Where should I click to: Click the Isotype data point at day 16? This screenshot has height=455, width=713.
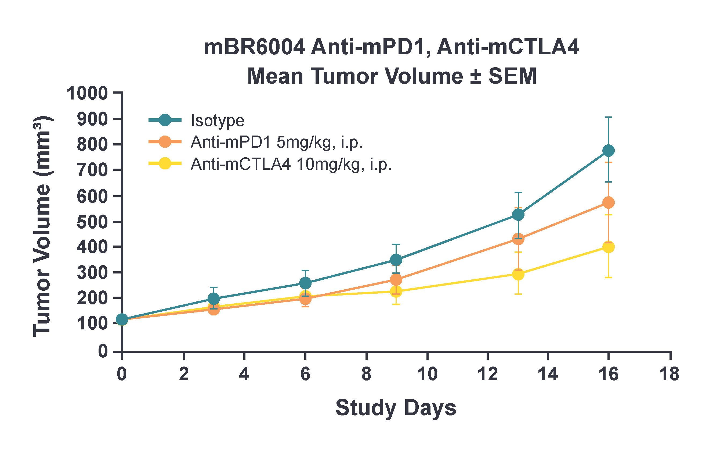coord(608,151)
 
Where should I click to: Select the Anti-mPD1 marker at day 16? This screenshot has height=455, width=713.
coord(608,202)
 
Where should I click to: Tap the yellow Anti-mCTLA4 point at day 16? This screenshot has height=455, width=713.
coord(608,247)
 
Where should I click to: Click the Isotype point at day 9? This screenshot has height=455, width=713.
coord(396,260)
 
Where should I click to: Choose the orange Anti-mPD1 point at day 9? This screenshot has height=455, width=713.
coord(396,279)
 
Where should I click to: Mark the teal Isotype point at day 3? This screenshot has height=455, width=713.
coord(214,298)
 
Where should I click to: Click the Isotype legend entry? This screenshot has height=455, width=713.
coord(218,121)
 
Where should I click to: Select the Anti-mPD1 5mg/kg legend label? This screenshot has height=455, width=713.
coord(277,142)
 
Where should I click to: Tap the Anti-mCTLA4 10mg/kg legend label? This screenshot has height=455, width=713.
coord(291,164)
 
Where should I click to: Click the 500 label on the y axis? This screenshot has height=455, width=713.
coord(92,222)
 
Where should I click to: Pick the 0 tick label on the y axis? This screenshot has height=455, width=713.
coord(103,351)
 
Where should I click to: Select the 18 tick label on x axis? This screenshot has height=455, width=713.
coord(669,374)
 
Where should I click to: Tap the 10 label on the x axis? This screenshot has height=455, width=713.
coord(427,374)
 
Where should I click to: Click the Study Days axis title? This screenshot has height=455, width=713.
coord(396,408)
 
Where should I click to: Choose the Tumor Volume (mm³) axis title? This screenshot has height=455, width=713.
coord(42,226)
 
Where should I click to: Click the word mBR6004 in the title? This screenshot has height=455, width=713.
coord(255,47)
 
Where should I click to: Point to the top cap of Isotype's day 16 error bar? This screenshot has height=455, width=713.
coord(608,118)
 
